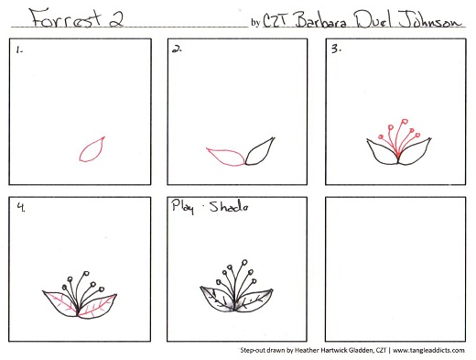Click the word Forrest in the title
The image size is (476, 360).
coord(66,18)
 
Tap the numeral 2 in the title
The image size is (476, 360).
coord(116,19)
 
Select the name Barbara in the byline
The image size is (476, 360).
coord(321,21)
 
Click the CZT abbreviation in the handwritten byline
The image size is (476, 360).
coord(275,21)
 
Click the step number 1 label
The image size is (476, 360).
coord(19,49)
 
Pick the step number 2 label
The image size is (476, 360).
coord(177,49)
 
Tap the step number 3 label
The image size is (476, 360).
coord(336,49)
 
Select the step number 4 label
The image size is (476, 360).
coord(21,207)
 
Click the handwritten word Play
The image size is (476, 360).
coord(183,206)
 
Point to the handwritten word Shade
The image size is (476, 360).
coord(229,207)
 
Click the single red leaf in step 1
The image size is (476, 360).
coord(92,149)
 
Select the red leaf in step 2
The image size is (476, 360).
coord(225,157)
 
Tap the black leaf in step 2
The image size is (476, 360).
coord(260,151)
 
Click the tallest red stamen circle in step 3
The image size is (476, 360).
coord(405,122)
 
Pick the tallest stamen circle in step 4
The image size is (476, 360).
coord(86,273)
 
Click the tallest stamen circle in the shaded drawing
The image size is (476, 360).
coord(244,262)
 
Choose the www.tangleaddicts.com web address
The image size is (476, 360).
coord(428,350)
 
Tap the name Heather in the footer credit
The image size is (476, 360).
coord(306,350)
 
